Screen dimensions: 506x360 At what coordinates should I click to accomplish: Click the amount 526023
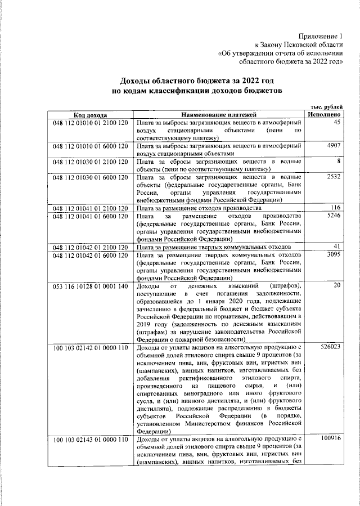pos(330,347)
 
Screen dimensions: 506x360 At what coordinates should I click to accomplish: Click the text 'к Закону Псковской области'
pos(299,45)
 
